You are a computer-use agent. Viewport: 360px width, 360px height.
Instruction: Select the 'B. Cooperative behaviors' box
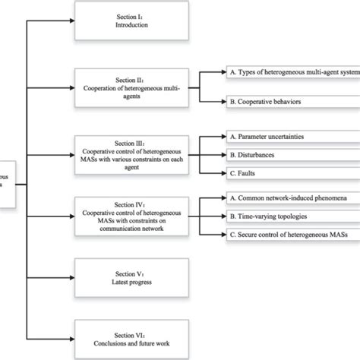(291, 99)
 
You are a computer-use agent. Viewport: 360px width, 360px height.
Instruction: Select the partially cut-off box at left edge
(6, 183)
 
